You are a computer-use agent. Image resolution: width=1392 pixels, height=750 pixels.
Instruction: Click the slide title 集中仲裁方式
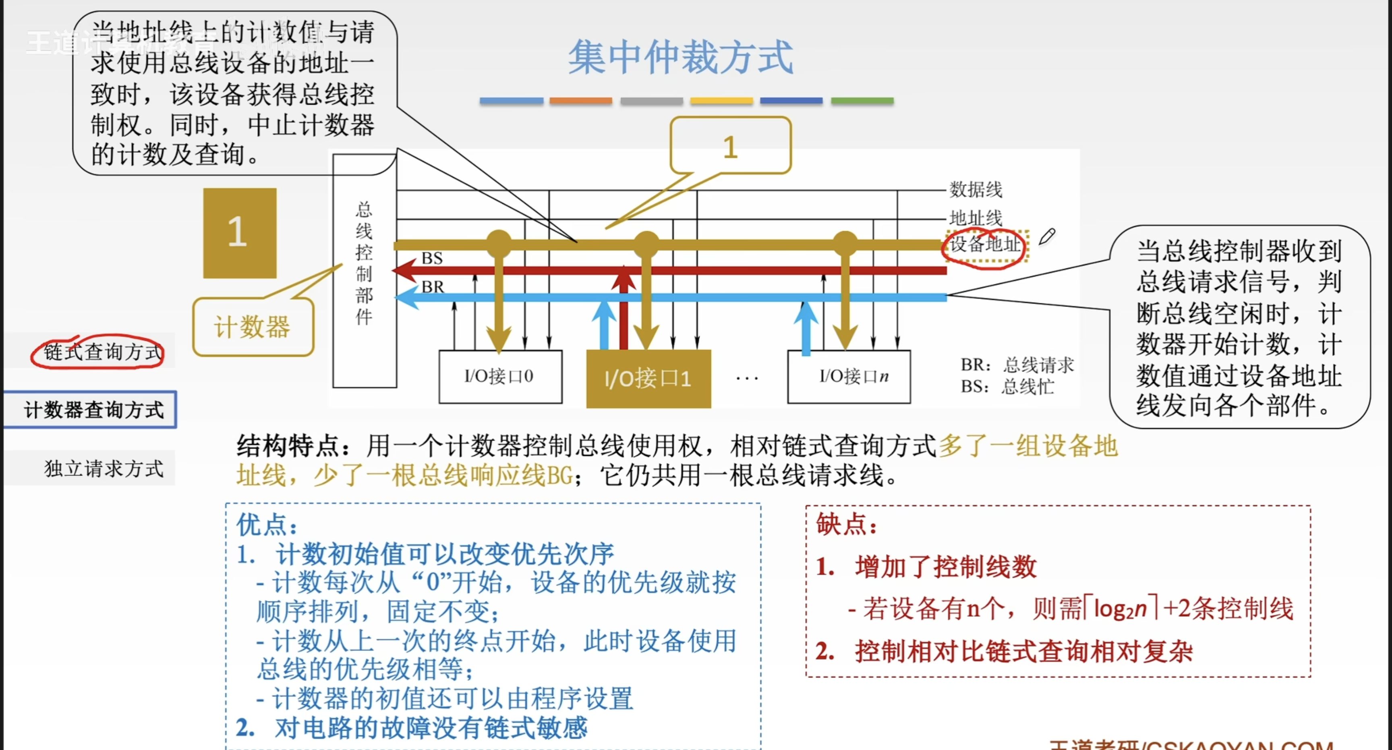coord(680,57)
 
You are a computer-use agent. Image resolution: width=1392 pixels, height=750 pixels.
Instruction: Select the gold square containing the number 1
coord(239,233)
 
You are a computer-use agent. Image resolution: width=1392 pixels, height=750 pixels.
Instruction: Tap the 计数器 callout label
coord(253,327)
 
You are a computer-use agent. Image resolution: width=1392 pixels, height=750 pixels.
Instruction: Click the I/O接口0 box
coord(500,376)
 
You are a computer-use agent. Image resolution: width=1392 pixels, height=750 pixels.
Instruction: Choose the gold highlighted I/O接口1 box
coord(648,378)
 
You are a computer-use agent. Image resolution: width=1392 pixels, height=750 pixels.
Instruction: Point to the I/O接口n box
coord(848,376)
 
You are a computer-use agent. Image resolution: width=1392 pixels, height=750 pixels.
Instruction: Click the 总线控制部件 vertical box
coord(364,270)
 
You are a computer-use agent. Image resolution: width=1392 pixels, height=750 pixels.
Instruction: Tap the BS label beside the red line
coord(432,258)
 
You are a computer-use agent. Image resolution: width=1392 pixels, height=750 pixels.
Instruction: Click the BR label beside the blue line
coord(432,286)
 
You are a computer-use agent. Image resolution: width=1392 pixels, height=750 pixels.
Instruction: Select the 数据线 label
coord(976,190)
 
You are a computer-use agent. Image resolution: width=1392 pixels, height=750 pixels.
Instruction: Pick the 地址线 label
coord(976,218)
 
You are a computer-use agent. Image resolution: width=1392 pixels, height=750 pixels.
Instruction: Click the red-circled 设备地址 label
coord(984,245)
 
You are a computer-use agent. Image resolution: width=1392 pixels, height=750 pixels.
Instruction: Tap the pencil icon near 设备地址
coord(1047,236)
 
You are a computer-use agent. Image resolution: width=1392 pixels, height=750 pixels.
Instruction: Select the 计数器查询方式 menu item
coord(93,410)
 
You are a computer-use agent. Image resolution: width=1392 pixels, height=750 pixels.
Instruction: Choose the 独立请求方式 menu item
coord(103,468)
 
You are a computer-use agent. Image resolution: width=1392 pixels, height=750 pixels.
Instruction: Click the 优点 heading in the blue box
coord(266,524)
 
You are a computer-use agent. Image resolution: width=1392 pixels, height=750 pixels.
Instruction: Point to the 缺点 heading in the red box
coord(846,524)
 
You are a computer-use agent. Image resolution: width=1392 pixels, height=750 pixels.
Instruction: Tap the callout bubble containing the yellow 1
coord(730,146)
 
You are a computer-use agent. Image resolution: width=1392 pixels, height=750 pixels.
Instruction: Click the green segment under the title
coord(862,101)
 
